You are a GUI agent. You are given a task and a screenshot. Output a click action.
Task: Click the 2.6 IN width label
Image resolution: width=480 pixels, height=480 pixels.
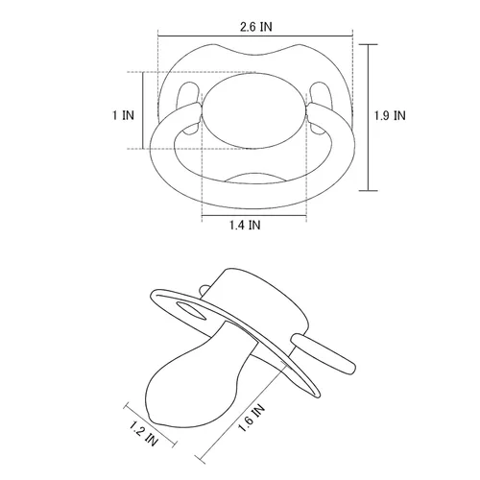[x=256, y=27]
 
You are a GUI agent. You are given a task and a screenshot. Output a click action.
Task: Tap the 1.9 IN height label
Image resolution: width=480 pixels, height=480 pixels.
[x=390, y=115]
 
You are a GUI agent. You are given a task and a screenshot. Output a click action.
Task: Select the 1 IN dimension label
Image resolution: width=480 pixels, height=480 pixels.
[x=123, y=115]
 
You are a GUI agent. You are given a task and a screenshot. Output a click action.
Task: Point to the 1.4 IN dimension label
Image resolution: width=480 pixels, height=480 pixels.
[x=245, y=225]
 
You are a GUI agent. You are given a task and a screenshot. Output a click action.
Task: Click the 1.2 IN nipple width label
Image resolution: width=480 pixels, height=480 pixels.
[x=144, y=434]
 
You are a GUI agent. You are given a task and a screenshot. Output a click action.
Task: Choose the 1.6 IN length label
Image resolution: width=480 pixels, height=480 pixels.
[x=252, y=419]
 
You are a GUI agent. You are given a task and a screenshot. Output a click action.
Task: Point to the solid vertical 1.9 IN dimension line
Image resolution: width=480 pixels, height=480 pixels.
[x=368, y=117]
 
